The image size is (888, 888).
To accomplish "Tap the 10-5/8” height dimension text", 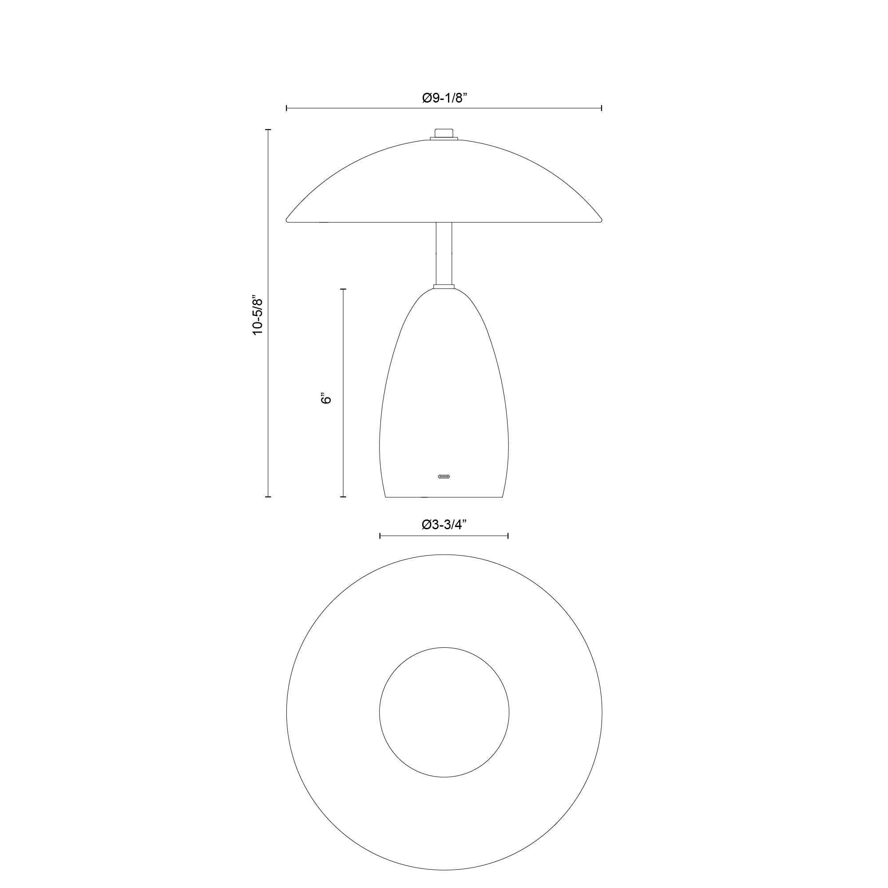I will coord(258,316).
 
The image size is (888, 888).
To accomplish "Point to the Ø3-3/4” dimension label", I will coord(444,524).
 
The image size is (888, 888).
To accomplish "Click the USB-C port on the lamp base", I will coord(444,476).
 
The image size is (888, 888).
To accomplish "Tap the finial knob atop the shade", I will coord(444,133).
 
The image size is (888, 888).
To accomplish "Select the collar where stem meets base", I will coord(444,287).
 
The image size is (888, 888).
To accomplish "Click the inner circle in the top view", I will coord(444,712).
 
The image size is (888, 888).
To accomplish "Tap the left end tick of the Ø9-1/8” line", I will coord(287,108).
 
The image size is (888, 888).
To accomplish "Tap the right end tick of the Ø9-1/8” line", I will coord(602,108).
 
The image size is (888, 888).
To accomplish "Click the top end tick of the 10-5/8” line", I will coord(269,130).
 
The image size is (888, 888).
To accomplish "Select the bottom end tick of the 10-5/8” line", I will coord(269,497).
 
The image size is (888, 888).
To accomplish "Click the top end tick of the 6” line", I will coord(343,289).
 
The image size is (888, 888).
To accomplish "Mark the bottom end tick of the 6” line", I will coord(343,497).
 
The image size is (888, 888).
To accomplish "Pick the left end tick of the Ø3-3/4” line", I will coord(380,535).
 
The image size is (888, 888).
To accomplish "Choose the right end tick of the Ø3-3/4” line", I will coord(508,535).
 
